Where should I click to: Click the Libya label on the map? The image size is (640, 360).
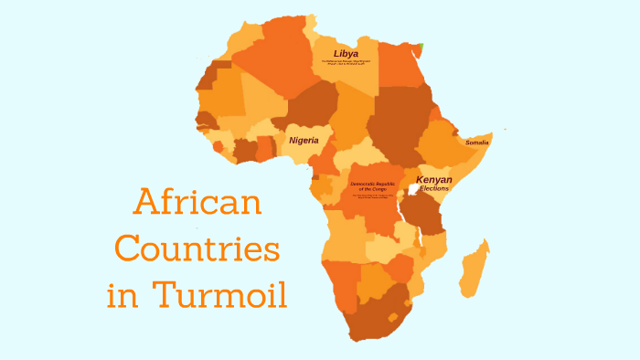[346, 54]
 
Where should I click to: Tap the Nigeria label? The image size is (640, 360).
[304, 141]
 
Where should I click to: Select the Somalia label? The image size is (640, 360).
[476, 143]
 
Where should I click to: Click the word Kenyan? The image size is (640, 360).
[433, 180]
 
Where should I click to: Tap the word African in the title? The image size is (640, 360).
[197, 201]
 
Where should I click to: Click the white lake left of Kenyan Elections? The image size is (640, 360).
[411, 194]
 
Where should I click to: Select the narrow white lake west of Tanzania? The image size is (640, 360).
[401, 219]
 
